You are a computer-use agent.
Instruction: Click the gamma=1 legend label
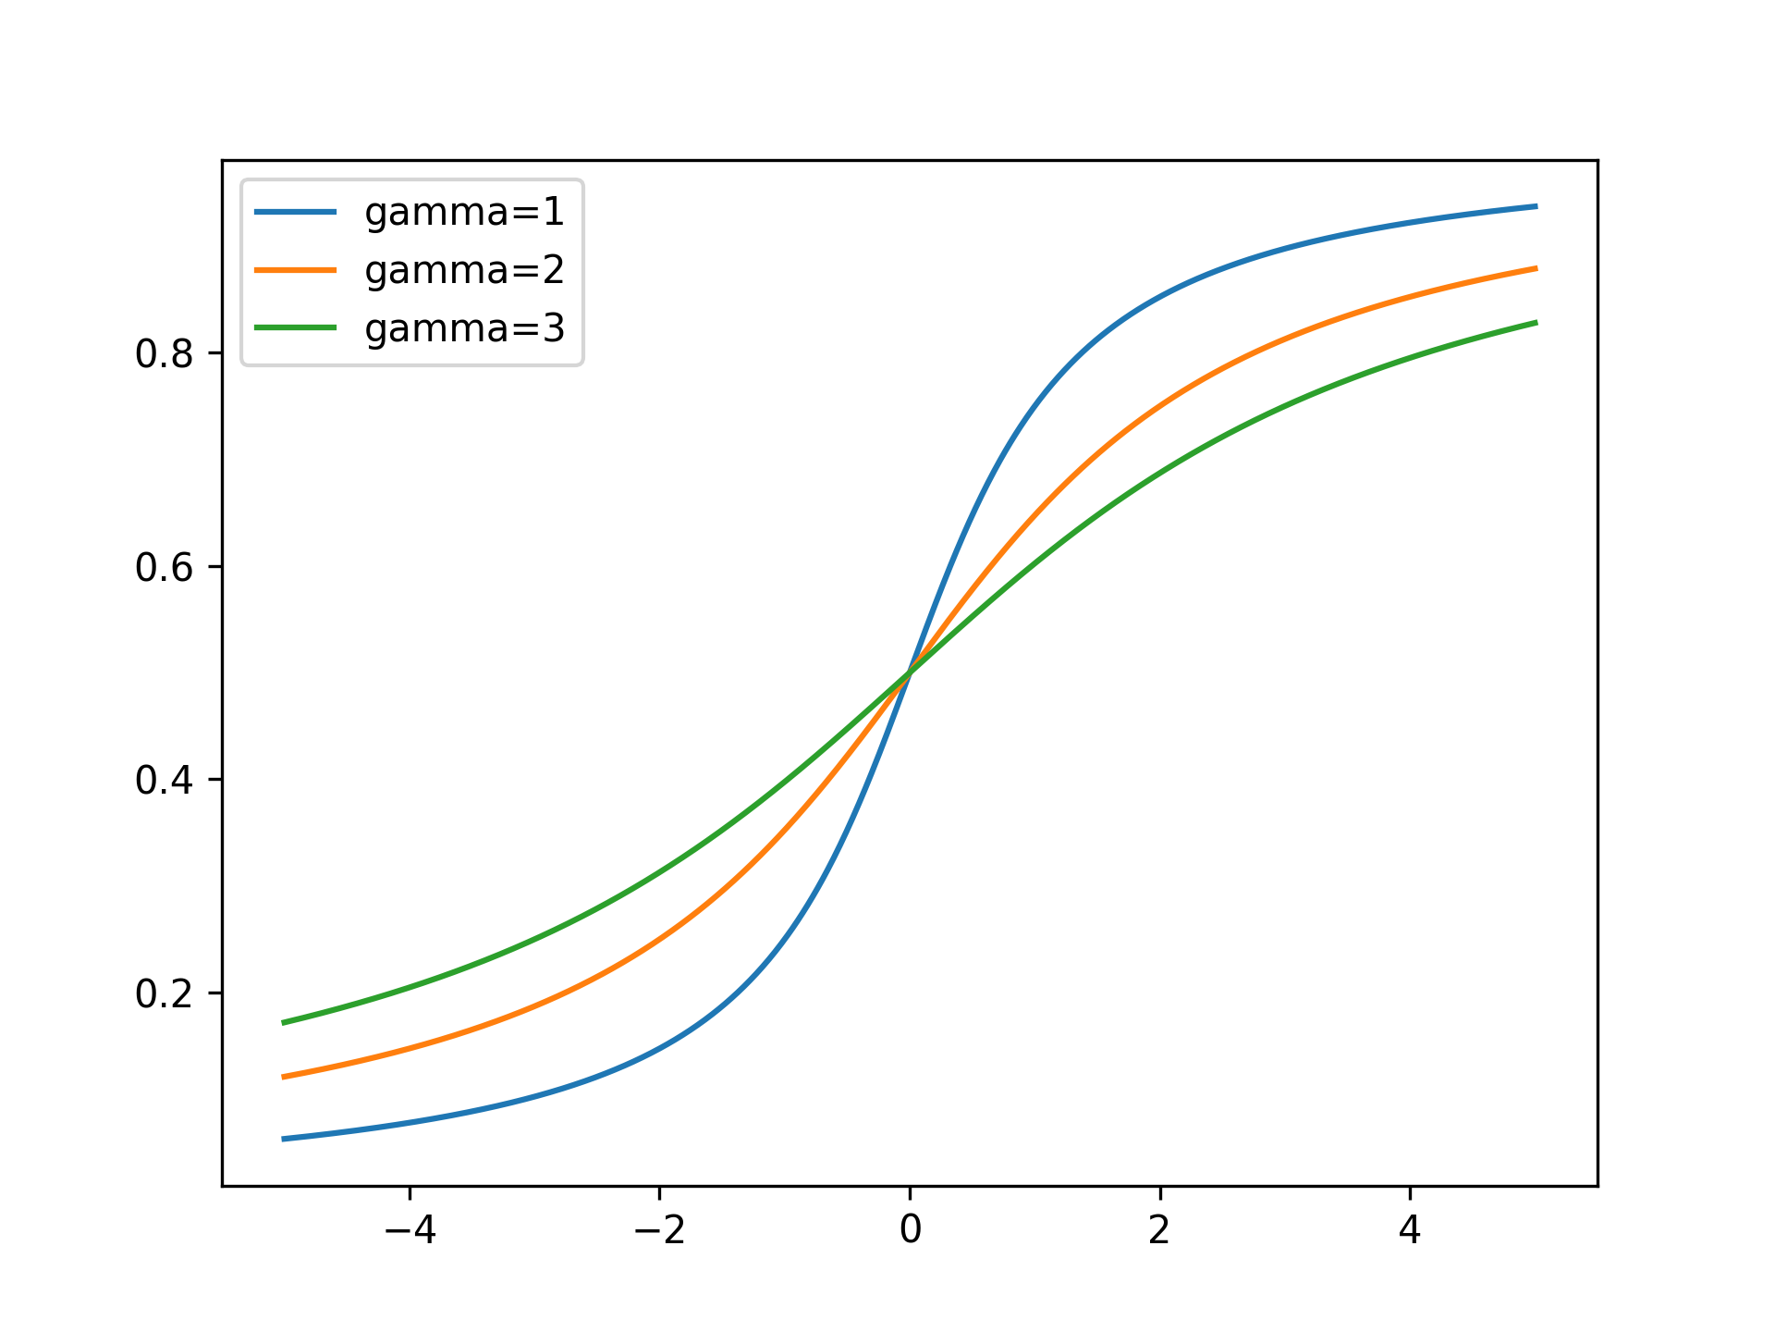click(464, 213)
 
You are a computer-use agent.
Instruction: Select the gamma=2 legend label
click(464, 270)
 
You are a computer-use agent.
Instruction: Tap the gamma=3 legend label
click(464, 328)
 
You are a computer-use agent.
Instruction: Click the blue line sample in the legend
click(295, 212)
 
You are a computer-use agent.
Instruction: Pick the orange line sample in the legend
click(295, 270)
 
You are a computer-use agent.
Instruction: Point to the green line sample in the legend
click(295, 327)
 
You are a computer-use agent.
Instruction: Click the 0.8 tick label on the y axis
click(164, 354)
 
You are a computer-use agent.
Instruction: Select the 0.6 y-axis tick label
click(164, 567)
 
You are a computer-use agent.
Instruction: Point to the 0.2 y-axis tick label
click(164, 994)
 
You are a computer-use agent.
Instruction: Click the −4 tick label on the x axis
click(410, 1229)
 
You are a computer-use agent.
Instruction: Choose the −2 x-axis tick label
click(660, 1229)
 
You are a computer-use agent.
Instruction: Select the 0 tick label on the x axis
click(910, 1229)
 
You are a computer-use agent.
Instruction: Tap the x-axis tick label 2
click(1159, 1229)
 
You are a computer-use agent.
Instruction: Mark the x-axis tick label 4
click(1409, 1229)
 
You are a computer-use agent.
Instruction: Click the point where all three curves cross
click(910, 672)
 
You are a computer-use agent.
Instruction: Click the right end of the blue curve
click(1536, 206)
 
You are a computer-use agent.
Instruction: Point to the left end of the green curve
click(284, 1022)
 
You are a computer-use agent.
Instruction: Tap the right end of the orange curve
click(1536, 268)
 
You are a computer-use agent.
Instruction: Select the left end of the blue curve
click(284, 1139)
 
